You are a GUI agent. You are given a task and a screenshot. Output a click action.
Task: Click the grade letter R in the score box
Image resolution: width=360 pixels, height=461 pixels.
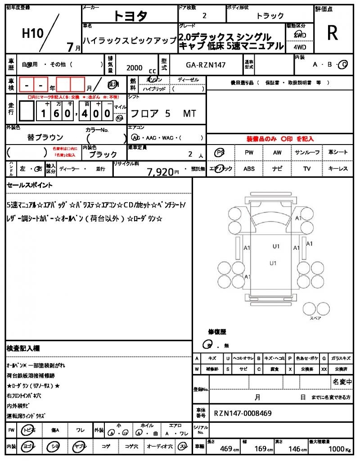[333, 32]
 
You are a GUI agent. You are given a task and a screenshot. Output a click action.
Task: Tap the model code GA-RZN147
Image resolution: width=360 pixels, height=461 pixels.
[206, 65]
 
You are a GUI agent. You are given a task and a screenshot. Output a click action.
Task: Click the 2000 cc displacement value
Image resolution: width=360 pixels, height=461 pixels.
[135, 68]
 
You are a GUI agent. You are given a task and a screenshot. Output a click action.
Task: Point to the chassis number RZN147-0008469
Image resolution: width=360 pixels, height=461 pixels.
[243, 413]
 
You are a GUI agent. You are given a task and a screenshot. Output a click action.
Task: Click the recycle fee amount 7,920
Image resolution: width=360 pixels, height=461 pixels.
[160, 172]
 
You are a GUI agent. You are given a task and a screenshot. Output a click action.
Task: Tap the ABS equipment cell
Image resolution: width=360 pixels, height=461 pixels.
[249, 169]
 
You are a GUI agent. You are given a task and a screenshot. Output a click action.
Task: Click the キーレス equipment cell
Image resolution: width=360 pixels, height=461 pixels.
[337, 169]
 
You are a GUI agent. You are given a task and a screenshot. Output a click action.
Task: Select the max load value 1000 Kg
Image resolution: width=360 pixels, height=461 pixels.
[338, 449]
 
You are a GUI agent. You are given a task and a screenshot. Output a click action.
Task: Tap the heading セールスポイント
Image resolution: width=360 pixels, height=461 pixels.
[30, 185]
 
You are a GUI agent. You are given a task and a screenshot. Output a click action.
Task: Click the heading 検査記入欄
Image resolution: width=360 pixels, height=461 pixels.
[23, 348]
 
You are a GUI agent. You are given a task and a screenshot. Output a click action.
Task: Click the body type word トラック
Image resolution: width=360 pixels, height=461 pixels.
[270, 16]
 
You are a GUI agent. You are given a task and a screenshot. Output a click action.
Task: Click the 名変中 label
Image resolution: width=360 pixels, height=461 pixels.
[342, 382]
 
